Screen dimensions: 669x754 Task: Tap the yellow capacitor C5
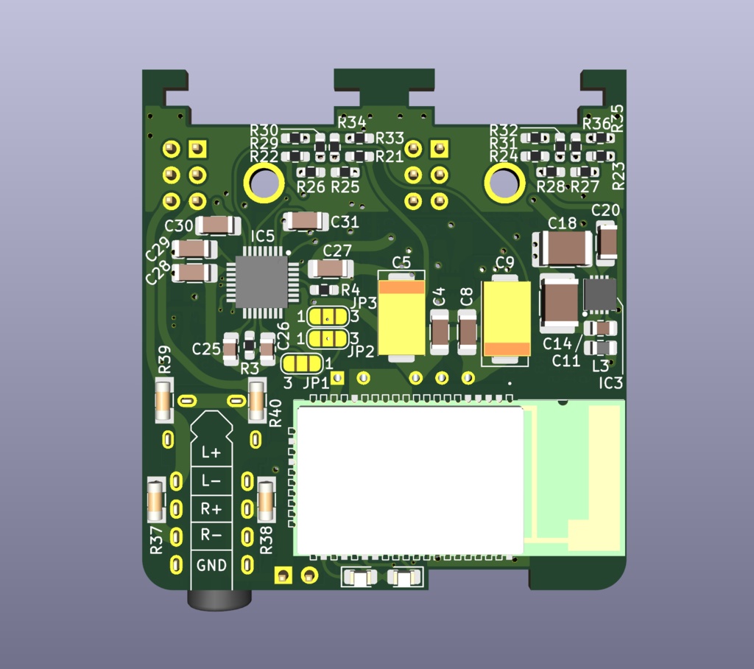(x=401, y=315)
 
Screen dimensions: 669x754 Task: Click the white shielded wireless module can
(x=409, y=480)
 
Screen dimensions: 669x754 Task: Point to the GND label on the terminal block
(x=212, y=565)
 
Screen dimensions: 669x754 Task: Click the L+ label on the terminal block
(x=212, y=453)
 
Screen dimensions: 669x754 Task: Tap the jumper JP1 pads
(x=302, y=363)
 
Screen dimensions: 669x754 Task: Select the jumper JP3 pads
(x=329, y=317)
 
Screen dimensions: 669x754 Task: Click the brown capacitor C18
(x=563, y=248)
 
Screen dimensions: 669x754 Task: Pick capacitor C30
(x=218, y=225)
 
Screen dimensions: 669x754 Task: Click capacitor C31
(x=306, y=220)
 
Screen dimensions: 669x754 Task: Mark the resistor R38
(x=266, y=502)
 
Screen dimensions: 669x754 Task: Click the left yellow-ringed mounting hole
(x=263, y=182)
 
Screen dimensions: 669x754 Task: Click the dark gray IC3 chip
(x=599, y=294)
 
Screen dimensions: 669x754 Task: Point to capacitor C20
(x=607, y=243)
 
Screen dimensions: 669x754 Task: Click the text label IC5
(x=263, y=237)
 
